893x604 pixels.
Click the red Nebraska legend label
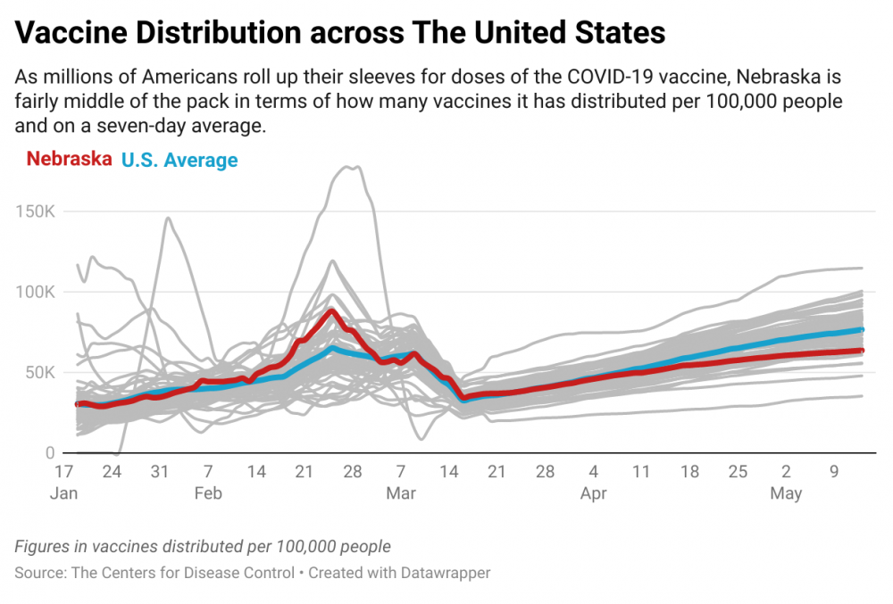pyautogui.click(x=69, y=161)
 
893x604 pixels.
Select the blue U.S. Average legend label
pyautogui.click(x=179, y=161)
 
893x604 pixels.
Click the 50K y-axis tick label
pyautogui.click(x=42, y=373)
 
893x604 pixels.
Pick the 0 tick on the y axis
pyautogui.click(x=51, y=453)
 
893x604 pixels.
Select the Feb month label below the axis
pyautogui.click(x=208, y=493)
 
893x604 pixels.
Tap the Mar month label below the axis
pyautogui.click(x=401, y=493)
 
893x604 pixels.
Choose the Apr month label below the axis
pyautogui.click(x=594, y=493)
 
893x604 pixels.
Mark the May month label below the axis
pyautogui.click(x=787, y=493)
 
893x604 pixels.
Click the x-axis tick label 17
pyautogui.click(x=63, y=471)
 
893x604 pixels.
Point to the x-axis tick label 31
pyautogui.click(x=160, y=471)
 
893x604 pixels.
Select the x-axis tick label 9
pyautogui.click(x=835, y=471)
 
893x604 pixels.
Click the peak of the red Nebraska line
pyautogui.click(x=330, y=310)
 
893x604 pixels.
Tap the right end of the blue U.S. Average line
pyautogui.click(x=861, y=330)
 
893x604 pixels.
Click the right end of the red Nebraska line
pyautogui.click(x=861, y=351)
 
